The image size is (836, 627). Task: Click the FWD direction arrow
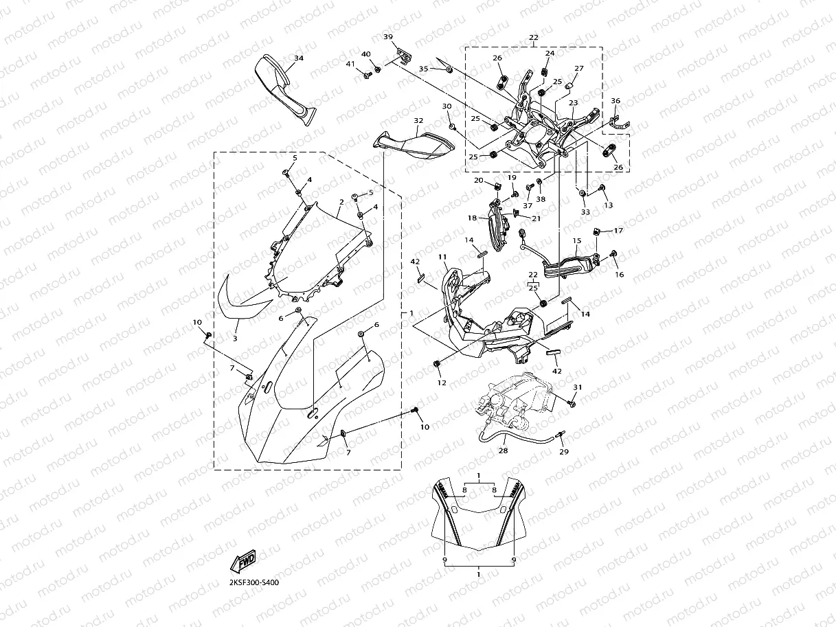(x=244, y=563)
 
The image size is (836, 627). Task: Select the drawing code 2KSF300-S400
(x=254, y=582)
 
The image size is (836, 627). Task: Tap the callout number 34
(x=298, y=58)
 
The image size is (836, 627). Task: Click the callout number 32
(x=418, y=120)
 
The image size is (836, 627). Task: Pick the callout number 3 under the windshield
(x=235, y=339)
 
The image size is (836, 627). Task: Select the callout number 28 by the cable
(x=504, y=451)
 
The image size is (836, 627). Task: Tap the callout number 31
(x=578, y=387)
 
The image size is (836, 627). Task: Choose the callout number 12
(x=442, y=382)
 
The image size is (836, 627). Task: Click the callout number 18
(x=473, y=218)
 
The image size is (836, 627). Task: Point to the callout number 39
(x=388, y=36)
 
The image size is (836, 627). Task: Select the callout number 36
(x=615, y=101)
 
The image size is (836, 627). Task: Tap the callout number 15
(x=577, y=240)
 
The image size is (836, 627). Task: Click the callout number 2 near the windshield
(x=341, y=202)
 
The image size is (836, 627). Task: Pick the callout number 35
(x=423, y=69)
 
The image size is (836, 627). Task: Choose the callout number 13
(x=607, y=205)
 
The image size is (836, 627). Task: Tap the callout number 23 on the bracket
(x=573, y=102)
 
